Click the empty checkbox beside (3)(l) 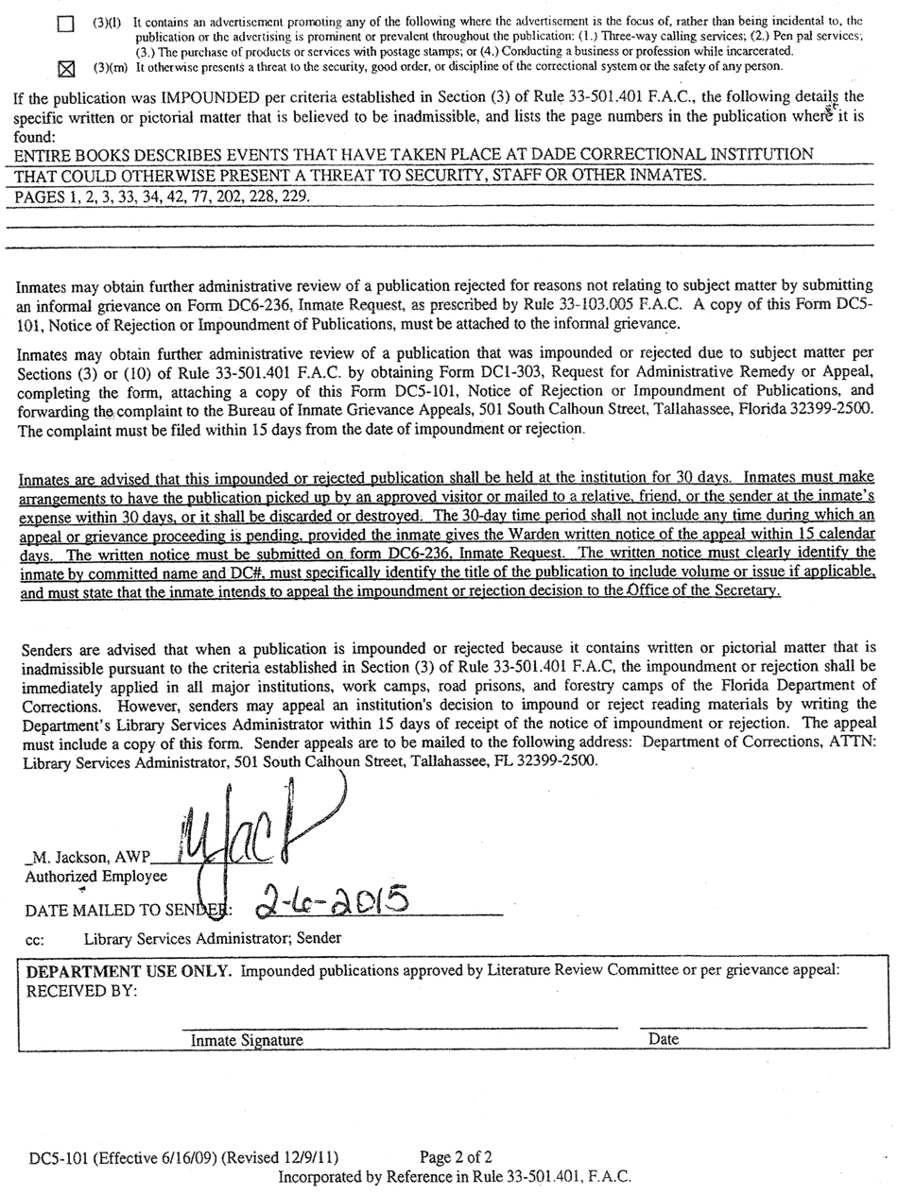coord(65,24)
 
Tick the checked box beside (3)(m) coord(65,68)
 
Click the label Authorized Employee coord(95,877)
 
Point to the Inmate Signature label coord(247,1040)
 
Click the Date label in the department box coord(664,1039)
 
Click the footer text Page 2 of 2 coord(456,1156)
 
